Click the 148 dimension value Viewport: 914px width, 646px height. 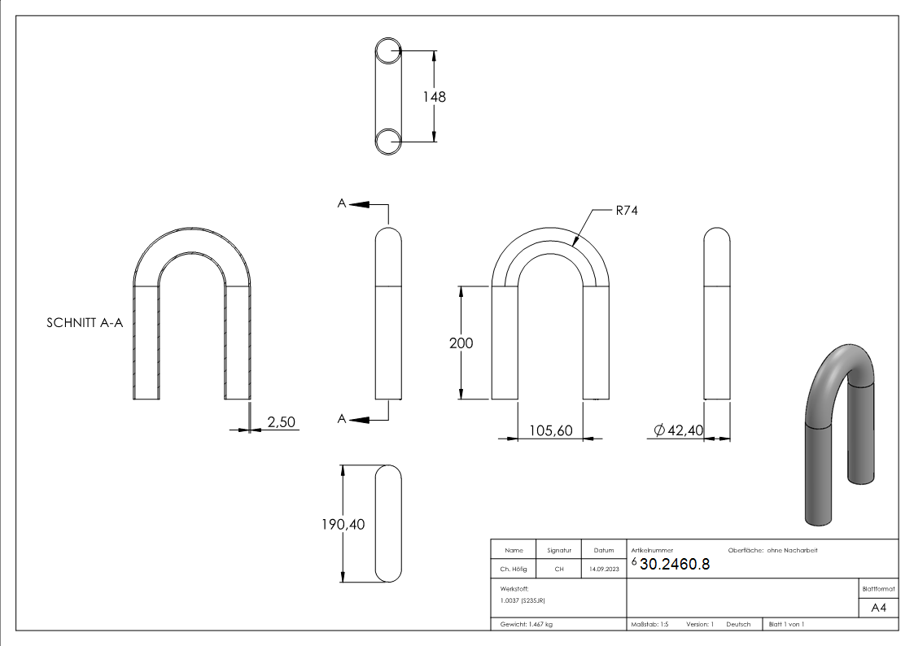click(x=434, y=97)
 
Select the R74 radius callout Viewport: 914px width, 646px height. click(x=625, y=210)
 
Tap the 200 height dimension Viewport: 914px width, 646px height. click(x=461, y=343)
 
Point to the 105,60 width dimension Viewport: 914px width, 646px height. click(x=551, y=430)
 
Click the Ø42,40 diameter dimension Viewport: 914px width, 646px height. click(x=678, y=430)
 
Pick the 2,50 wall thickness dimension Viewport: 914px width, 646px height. click(x=281, y=421)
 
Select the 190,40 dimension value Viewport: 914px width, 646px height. click(x=343, y=525)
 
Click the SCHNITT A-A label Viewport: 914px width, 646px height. click(x=85, y=323)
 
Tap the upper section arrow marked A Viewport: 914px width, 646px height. click(x=356, y=204)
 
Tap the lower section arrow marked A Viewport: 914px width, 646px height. click(x=356, y=418)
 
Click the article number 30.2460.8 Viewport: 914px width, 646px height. click(x=675, y=565)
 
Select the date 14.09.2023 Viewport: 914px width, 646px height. click(x=603, y=570)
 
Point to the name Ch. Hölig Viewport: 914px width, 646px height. click(x=514, y=570)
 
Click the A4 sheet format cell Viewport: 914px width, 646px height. click(x=879, y=608)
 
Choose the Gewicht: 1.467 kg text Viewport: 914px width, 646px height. click(x=527, y=624)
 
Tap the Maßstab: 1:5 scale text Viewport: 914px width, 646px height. click(x=649, y=624)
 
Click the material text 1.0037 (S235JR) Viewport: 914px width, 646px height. click(x=523, y=600)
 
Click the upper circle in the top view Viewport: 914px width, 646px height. click(x=389, y=50)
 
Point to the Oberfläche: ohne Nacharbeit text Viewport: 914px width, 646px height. click(x=767, y=551)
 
